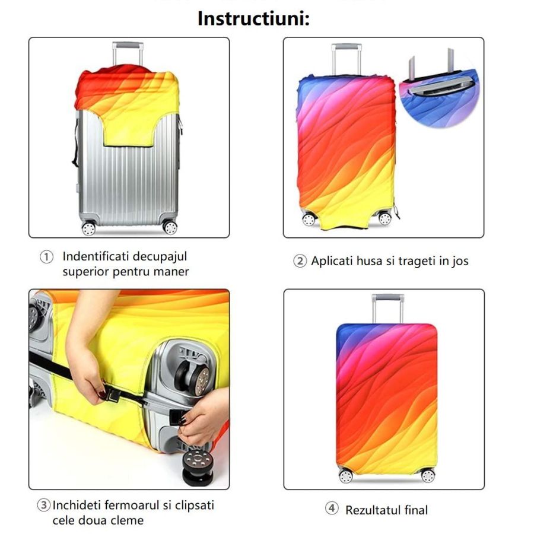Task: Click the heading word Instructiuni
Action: coord(253,18)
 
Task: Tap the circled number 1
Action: coord(47,257)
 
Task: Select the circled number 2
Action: coord(300,261)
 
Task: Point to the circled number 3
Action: coord(43,505)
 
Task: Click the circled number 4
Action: coord(331,508)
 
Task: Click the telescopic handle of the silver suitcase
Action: coord(128,53)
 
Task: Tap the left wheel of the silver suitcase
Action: coord(88,228)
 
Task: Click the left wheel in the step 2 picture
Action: coord(309,220)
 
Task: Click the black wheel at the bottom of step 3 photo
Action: coord(198,468)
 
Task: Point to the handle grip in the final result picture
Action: coord(388,297)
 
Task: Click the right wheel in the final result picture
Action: coord(428,475)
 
